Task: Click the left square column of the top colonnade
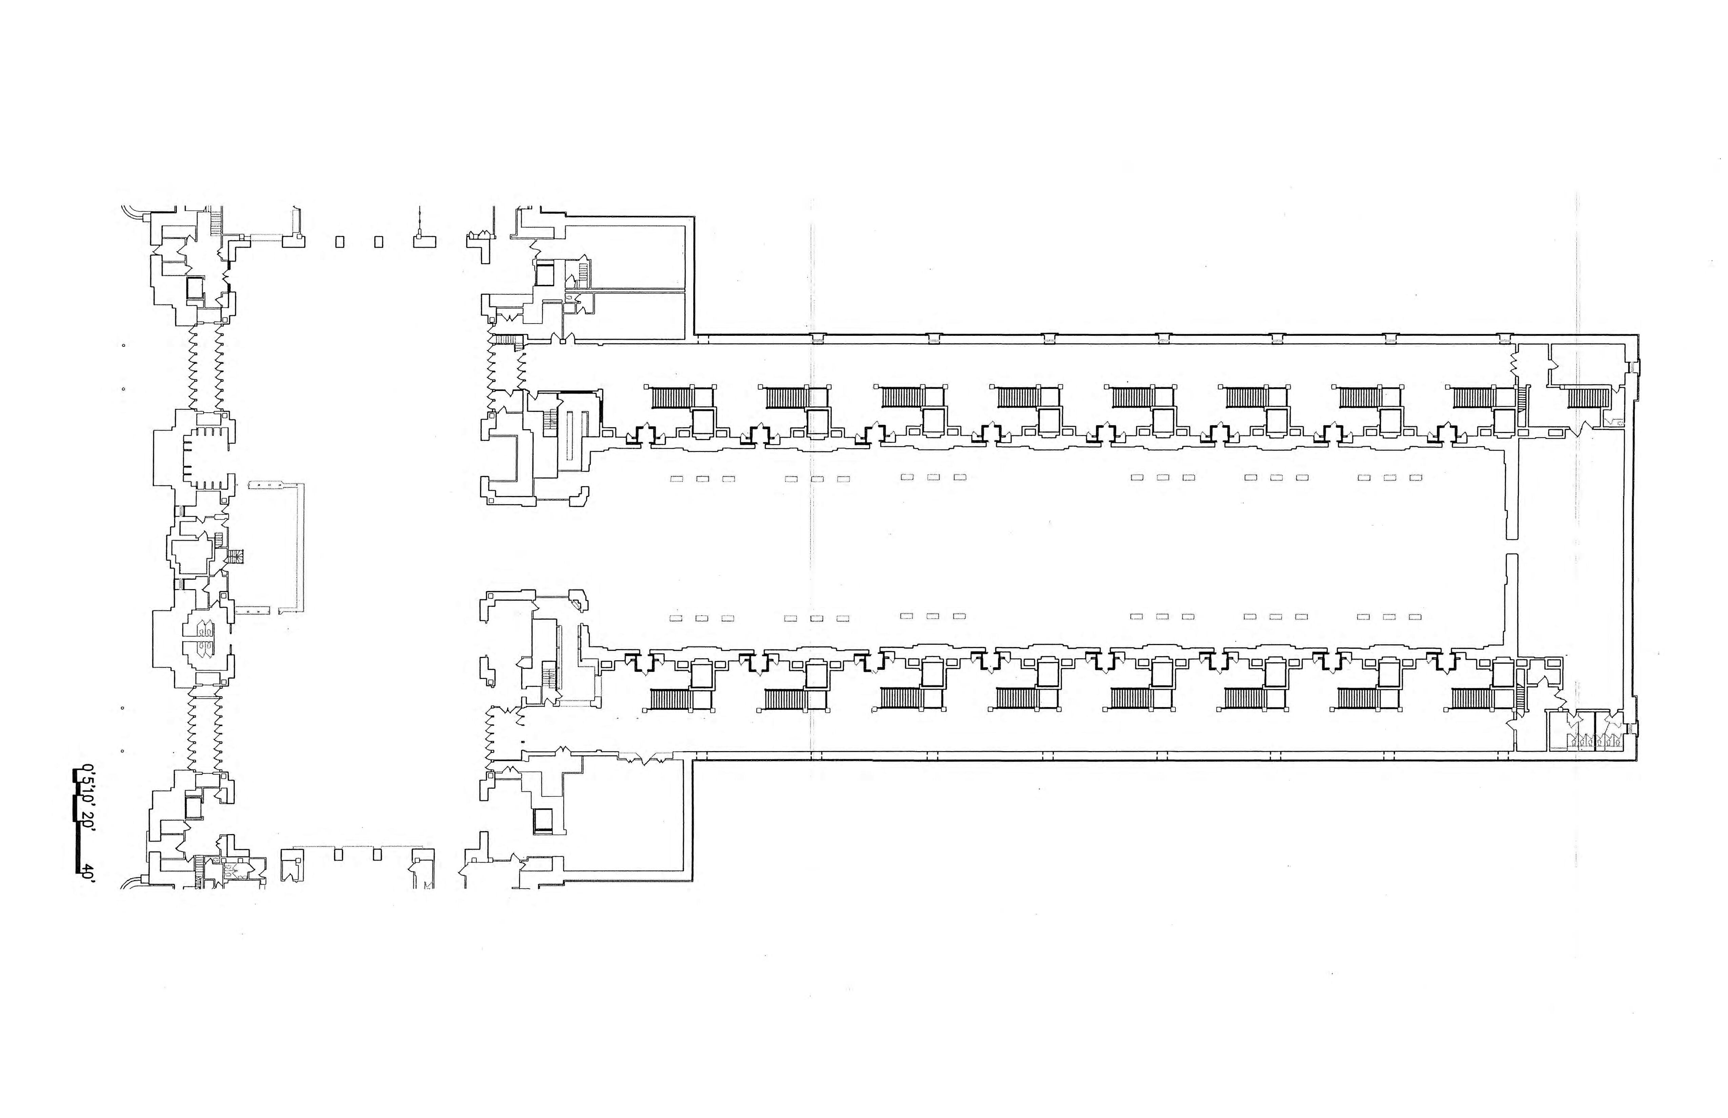339,243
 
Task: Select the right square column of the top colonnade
378,243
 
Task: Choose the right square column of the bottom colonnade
377,854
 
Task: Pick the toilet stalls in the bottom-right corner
1594,741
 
